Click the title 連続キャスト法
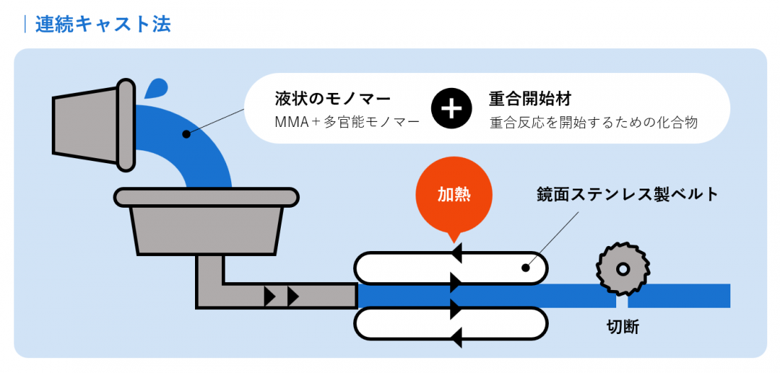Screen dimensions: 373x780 [103, 24]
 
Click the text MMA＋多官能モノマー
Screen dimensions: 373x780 [347, 122]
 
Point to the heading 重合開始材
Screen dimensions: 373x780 [530, 98]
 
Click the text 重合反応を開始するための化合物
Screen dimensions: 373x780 [594, 122]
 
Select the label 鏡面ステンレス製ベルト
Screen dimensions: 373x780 [628, 194]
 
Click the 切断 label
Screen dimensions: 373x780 [623, 327]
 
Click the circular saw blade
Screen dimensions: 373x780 [623, 269]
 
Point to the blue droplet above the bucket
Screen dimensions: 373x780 [156, 89]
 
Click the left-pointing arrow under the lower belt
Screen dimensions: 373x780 [456, 338]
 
